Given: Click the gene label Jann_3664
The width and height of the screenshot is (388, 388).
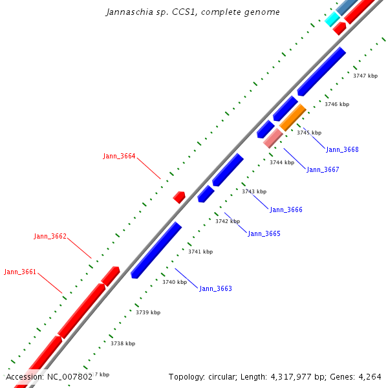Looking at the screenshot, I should tap(119, 156).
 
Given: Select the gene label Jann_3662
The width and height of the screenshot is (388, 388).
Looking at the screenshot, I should tap(50, 237).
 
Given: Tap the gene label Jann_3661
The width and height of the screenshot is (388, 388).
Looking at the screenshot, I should tap(20, 272).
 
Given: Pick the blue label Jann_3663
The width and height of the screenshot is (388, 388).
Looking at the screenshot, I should tap(215, 288).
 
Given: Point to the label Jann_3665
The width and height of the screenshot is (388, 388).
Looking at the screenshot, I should tap(264, 233).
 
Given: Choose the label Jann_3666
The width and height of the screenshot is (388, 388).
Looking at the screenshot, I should tap(286, 210).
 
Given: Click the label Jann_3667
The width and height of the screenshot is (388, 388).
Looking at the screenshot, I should tap(323, 169).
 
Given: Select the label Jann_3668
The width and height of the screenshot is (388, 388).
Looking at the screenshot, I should tap(342, 149).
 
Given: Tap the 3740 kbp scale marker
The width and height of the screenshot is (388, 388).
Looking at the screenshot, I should tap(174, 282).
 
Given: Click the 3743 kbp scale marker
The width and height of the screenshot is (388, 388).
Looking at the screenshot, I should tap(253, 191).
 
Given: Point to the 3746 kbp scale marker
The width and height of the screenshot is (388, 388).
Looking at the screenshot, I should tap(336, 104).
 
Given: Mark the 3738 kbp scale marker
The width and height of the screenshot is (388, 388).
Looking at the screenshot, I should tap(122, 343).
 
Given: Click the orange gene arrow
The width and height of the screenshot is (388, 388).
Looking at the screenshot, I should tap(292, 117).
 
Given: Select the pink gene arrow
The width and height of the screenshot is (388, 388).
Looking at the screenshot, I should tap(273, 138).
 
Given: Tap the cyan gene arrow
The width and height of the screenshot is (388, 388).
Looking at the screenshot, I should tap(332, 19).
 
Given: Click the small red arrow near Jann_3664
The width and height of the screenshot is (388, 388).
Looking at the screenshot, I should tap(179, 197).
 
